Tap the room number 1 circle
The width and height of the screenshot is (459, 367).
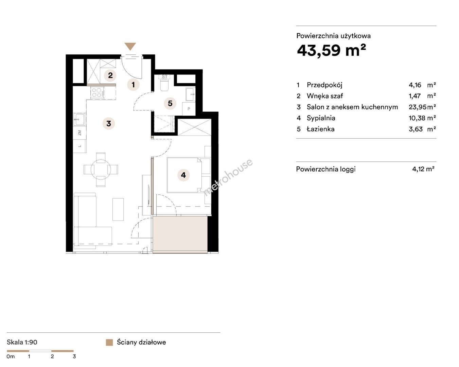click(133, 85)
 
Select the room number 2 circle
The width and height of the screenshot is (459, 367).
click(110, 75)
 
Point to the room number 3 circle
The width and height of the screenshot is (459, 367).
click(109, 124)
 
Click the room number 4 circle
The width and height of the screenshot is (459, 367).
click(183, 175)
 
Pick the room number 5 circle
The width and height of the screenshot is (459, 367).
click(170, 104)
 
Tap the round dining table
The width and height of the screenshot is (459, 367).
click(101, 170)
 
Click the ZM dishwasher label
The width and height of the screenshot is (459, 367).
click(80, 133)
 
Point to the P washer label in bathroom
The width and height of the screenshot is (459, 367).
click(189, 109)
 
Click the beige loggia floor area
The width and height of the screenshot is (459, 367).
click(180, 235)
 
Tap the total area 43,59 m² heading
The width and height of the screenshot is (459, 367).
click(332, 51)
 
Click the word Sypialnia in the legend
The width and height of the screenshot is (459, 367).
click(321, 118)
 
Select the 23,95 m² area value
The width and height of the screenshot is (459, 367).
click(422, 107)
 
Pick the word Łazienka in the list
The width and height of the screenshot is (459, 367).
click(320, 129)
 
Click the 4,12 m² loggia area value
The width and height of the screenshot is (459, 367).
click(423, 169)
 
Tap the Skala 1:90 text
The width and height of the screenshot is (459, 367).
click(22, 342)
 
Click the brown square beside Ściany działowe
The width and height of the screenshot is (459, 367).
click(109, 343)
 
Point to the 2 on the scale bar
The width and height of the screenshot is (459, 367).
click(52, 356)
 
